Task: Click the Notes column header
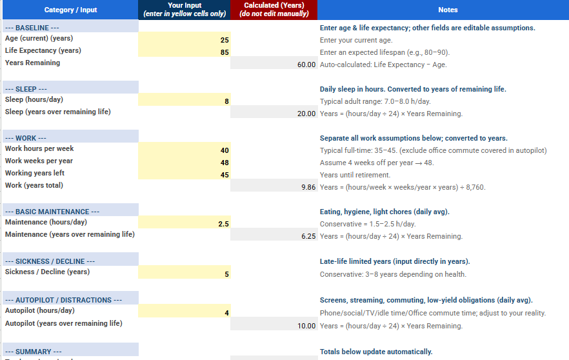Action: [x=447, y=10]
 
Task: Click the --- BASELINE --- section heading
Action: [x=32, y=28]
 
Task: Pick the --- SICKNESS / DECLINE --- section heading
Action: [x=50, y=261]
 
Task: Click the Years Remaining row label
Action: [x=32, y=63]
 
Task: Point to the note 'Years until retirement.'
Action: [x=355, y=175]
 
